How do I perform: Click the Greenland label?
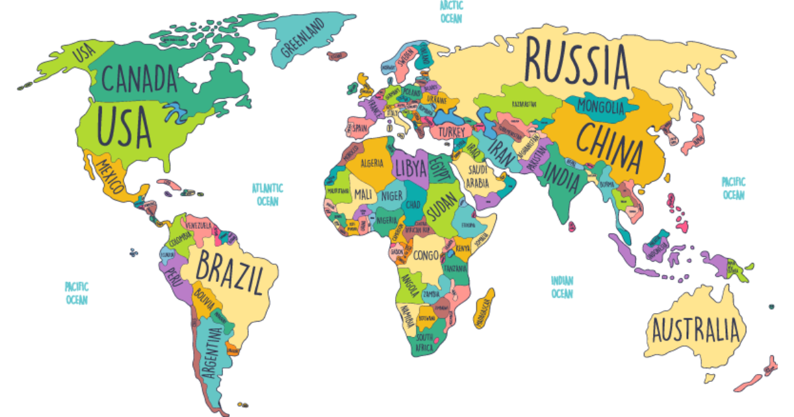tap(303, 38)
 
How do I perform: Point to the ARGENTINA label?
tap(213, 354)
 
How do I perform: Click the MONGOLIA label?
tap(601, 106)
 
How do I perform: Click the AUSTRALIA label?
tap(695, 329)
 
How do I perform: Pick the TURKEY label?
tap(452, 132)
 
